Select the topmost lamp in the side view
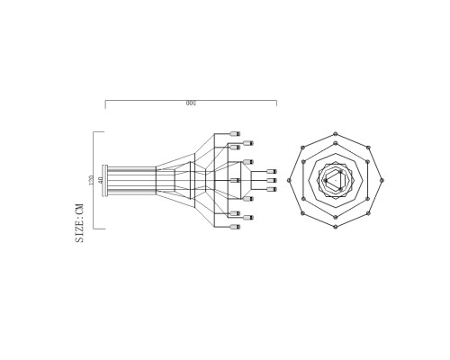(x=235, y=131)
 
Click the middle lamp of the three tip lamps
(x=272, y=180)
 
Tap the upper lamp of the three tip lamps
(x=272, y=171)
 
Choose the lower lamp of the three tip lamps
(x=272, y=189)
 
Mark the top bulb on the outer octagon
(x=336, y=133)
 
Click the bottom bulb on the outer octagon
(x=336, y=228)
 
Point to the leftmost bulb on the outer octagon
(x=289, y=180)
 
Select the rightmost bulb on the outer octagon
(x=382, y=180)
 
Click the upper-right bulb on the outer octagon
(x=369, y=148)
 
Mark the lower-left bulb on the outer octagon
(x=302, y=213)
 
